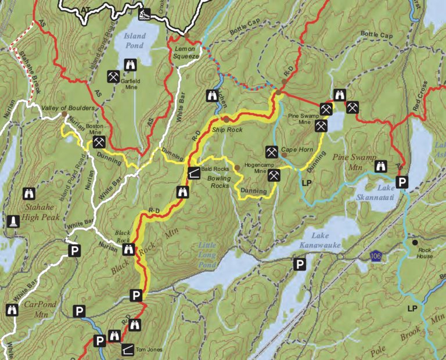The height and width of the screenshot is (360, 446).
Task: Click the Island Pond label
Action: coord(134,41)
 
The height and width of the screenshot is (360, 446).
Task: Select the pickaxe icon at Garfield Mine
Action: coord(113,76)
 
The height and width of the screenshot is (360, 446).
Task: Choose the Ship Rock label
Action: coord(227,129)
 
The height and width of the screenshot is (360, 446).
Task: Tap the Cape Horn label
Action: coord(297,149)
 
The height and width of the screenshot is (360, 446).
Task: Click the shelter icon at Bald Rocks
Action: coord(193,172)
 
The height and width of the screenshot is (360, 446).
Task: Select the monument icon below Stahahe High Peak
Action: coord(11,222)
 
